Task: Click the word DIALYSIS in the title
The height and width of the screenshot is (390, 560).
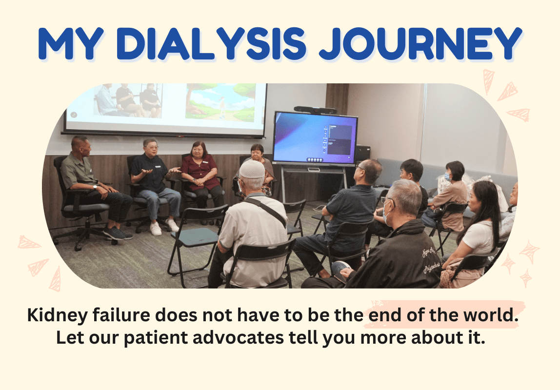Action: [211, 44]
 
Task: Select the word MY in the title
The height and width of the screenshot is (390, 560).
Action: [71, 44]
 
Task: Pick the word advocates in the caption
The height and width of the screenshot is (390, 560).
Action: [238, 337]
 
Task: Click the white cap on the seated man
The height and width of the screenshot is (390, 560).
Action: [252, 169]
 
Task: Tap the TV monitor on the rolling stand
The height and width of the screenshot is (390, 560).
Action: [315, 138]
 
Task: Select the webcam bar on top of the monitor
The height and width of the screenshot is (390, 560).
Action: [315, 110]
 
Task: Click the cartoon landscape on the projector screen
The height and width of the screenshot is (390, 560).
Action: [220, 102]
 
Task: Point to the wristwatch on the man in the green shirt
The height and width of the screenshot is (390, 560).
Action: [95, 186]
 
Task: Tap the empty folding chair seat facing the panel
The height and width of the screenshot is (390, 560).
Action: [195, 236]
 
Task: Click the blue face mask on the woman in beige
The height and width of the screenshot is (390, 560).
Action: [447, 176]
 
